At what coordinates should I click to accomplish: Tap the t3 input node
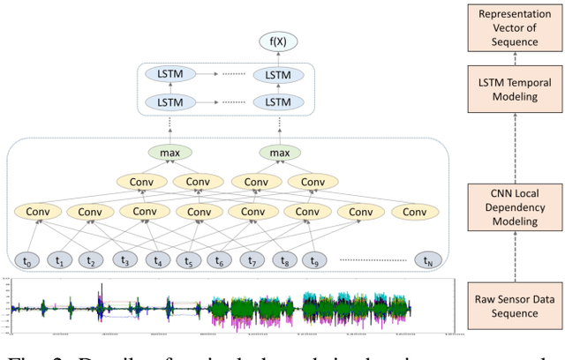click(x=126, y=260)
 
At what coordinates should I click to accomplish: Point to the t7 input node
click(x=252, y=260)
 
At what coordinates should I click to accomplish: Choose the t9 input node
click(x=315, y=260)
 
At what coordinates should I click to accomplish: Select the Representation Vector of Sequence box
click(x=515, y=28)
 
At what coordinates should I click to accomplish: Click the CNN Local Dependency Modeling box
click(x=515, y=208)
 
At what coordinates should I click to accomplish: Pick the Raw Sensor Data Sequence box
click(x=515, y=305)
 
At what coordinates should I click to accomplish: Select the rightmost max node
click(x=280, y=153)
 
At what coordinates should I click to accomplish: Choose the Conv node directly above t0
click(x=37, y=213)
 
